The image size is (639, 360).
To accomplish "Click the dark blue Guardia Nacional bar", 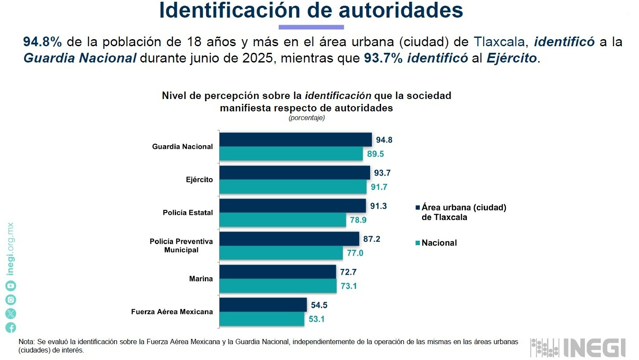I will coord(295,140).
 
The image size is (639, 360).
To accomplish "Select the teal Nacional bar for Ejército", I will coord(293,187).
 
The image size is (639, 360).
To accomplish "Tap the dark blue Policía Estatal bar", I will coord(292,206).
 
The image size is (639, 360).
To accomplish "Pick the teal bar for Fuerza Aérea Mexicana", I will coord(261,319).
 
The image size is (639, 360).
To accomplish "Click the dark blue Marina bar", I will coord(277,272).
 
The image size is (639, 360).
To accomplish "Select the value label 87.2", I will coord(371,239).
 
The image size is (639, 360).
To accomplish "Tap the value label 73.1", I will coord(349,286).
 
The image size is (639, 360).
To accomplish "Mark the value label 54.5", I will coord(319,305).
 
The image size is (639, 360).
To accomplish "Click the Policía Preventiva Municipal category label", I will coord(181,246).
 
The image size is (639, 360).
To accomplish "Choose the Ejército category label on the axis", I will coord(199,180).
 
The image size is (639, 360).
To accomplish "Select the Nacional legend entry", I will coord(439,243).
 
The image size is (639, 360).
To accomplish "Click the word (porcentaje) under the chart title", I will coord(307,118).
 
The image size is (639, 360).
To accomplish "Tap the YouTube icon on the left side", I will coord(11,286).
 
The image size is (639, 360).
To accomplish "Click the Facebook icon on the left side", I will coord(11,327).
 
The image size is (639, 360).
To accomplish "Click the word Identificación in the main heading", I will coord(235,11).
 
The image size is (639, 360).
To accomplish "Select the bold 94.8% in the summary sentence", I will coord(42,42).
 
